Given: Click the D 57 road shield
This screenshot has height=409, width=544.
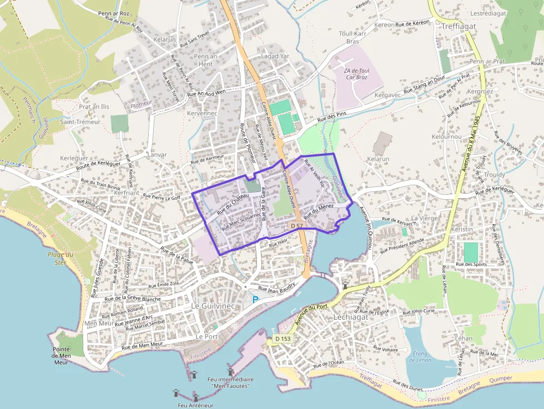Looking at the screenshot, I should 296,226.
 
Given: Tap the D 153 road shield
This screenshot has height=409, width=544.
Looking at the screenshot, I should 283,339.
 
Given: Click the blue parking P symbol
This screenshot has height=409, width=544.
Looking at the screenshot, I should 255,300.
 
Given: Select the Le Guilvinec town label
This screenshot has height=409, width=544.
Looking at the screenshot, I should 214,306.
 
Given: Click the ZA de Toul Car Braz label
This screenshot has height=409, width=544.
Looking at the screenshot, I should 356,74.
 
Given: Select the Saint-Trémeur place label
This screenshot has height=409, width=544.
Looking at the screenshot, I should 80,122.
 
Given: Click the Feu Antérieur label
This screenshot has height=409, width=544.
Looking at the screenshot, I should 196,405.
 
